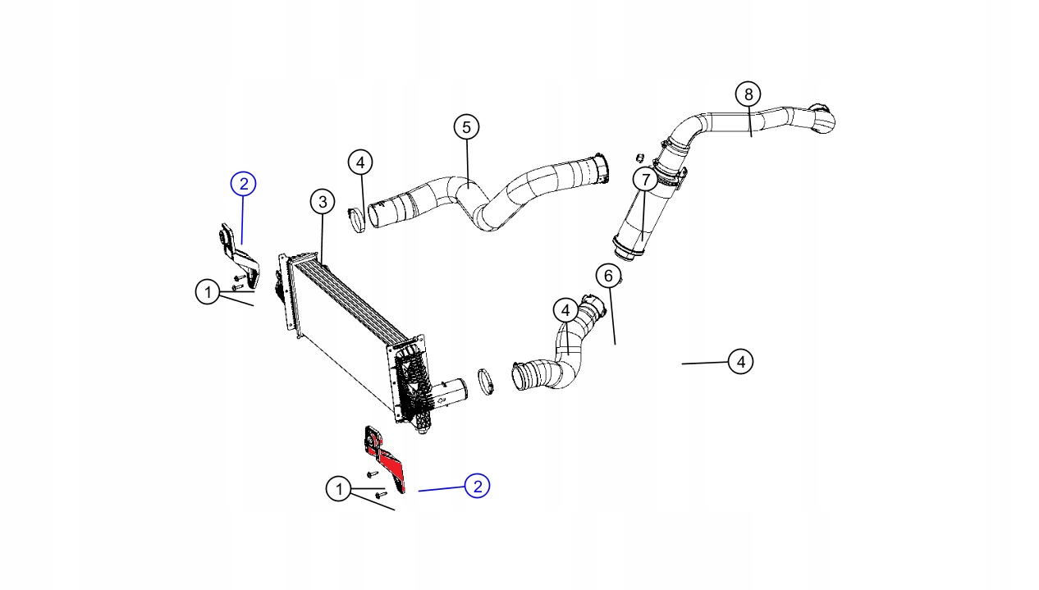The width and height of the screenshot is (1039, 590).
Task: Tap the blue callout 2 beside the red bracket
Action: [477, 486]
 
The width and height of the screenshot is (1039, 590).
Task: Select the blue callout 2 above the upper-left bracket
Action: [244, 184]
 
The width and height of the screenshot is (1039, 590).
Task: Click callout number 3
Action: [323, 201]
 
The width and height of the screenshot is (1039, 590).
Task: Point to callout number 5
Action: [466, 127]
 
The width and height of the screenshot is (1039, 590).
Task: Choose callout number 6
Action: [608, 276]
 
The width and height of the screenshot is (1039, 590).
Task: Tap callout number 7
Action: [645, 179]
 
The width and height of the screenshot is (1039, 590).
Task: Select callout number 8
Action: [748, 94]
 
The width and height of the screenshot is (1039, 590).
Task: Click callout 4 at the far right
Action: [740, 361]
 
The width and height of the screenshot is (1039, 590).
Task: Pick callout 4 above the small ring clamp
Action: [360, 162]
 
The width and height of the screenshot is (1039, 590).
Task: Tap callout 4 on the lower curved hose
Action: [565, 311]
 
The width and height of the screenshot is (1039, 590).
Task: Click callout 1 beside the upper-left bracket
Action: [208, 291]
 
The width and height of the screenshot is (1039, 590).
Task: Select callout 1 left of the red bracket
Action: [338, 490]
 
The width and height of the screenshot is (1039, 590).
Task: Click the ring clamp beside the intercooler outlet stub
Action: [487, 380]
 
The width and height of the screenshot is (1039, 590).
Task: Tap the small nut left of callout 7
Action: [639, 157]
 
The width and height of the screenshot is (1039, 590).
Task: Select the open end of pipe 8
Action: [822, 118]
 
